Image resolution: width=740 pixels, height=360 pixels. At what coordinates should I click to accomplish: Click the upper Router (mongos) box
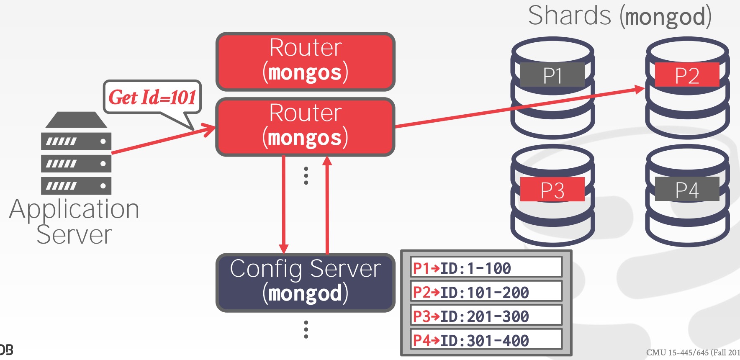(x=305, y=61)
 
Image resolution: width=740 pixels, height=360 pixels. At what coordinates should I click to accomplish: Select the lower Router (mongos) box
(x=305, y=126)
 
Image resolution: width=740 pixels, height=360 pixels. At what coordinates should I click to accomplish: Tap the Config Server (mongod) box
(x=305, y=282)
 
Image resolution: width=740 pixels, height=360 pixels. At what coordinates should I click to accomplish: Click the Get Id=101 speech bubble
(x=152, y=97)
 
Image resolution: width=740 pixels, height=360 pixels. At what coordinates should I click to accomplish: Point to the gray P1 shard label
(x=552, y=75)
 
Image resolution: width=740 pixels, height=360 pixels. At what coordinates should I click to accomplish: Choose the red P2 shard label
(x=687, y=75)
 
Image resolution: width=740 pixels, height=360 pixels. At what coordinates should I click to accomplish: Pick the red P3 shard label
(x=552, y=190)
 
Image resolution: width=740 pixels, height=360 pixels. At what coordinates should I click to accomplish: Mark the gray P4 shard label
(x=687, y=189)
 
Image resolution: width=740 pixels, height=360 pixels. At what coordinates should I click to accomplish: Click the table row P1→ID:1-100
(x=486, y=267)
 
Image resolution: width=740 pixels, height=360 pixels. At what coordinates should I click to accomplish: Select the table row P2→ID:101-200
(x=486, y=291)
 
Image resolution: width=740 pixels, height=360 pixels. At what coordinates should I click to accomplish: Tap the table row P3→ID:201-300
(x=486, y=316)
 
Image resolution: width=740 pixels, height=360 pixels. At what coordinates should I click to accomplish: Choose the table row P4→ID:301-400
(x=486, y=339)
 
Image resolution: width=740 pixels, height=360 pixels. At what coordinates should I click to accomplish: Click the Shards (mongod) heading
(x=619, y=16)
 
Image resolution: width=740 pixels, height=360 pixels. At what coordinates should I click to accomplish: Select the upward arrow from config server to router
(x=327, y=205)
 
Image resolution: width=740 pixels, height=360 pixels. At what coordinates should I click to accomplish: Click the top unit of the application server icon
(x=76, y=141)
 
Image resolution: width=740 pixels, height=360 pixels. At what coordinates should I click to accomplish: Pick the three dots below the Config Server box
(x=306, y=329)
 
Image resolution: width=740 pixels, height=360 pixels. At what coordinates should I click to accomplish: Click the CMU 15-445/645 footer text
(x=693, y=352)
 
